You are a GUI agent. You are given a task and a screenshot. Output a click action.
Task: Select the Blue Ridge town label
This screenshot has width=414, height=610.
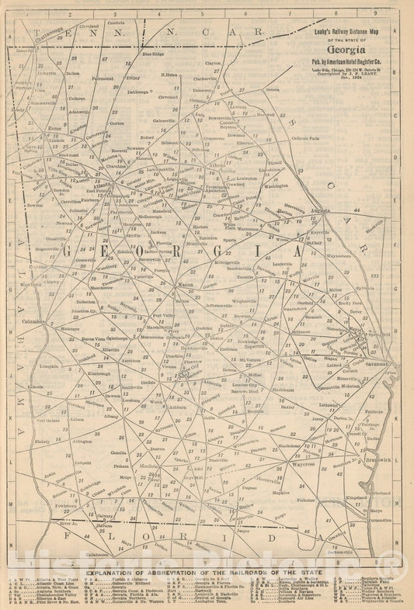click(x=152, y=54)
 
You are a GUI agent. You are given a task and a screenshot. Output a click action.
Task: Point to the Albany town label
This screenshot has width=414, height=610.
click(x=112, y=417)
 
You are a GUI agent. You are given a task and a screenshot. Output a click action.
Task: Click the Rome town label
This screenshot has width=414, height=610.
click(x=54, y=128)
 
